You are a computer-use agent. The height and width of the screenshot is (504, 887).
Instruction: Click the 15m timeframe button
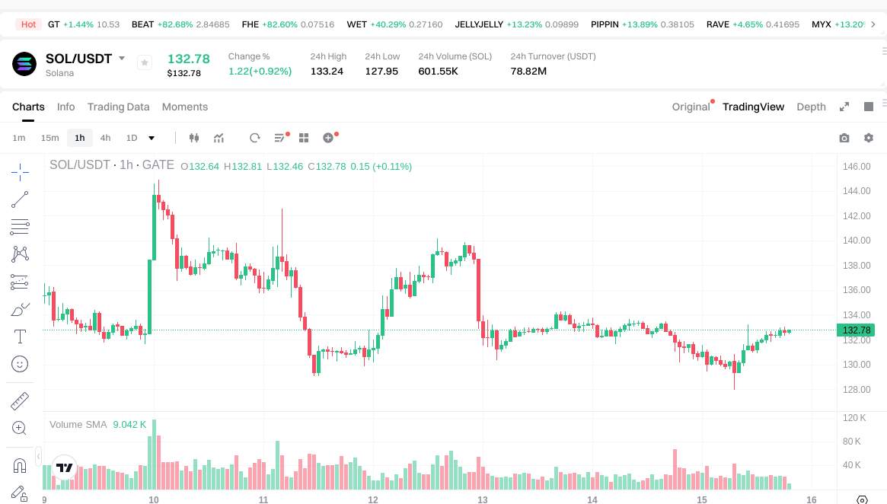tap(49, 138)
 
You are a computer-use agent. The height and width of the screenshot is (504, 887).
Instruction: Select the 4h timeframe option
tap(105, 138)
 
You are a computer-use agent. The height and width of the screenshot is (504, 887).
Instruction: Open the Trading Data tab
tap(118, 107)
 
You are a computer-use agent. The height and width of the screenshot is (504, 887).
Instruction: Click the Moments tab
tap(185, 107)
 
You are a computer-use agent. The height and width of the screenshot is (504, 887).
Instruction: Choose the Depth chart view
tap(811, 107)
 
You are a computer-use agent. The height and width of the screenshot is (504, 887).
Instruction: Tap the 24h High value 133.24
tap(327, 71)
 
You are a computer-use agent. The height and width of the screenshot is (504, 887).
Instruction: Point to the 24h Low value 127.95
tap(381, 71)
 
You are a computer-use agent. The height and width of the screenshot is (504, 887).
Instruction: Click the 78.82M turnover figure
tap(528, 71)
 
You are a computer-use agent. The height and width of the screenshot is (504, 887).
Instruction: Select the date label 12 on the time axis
tap(373, 500)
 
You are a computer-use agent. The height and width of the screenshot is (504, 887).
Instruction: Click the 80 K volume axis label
tap(852, 442)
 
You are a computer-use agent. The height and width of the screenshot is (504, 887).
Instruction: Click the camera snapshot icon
tap(844, 138)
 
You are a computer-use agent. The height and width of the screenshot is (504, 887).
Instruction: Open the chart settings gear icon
tap(869, 138)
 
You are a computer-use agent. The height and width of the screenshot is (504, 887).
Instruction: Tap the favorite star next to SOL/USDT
tap(145, 63)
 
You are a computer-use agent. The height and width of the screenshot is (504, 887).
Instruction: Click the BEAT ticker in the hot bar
tap(143, 24)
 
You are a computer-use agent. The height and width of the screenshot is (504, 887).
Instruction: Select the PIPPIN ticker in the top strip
tap(605, 24)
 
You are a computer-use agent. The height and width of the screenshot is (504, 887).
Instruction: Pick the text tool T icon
tap(20, 337)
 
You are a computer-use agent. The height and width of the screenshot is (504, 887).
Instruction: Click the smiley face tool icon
tap(20, 364)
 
